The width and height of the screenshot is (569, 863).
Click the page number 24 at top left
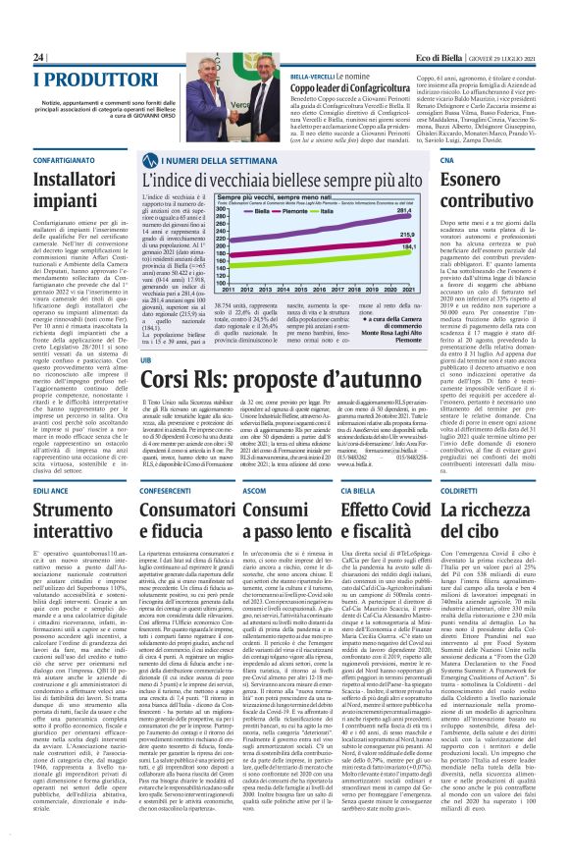[12, 58]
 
